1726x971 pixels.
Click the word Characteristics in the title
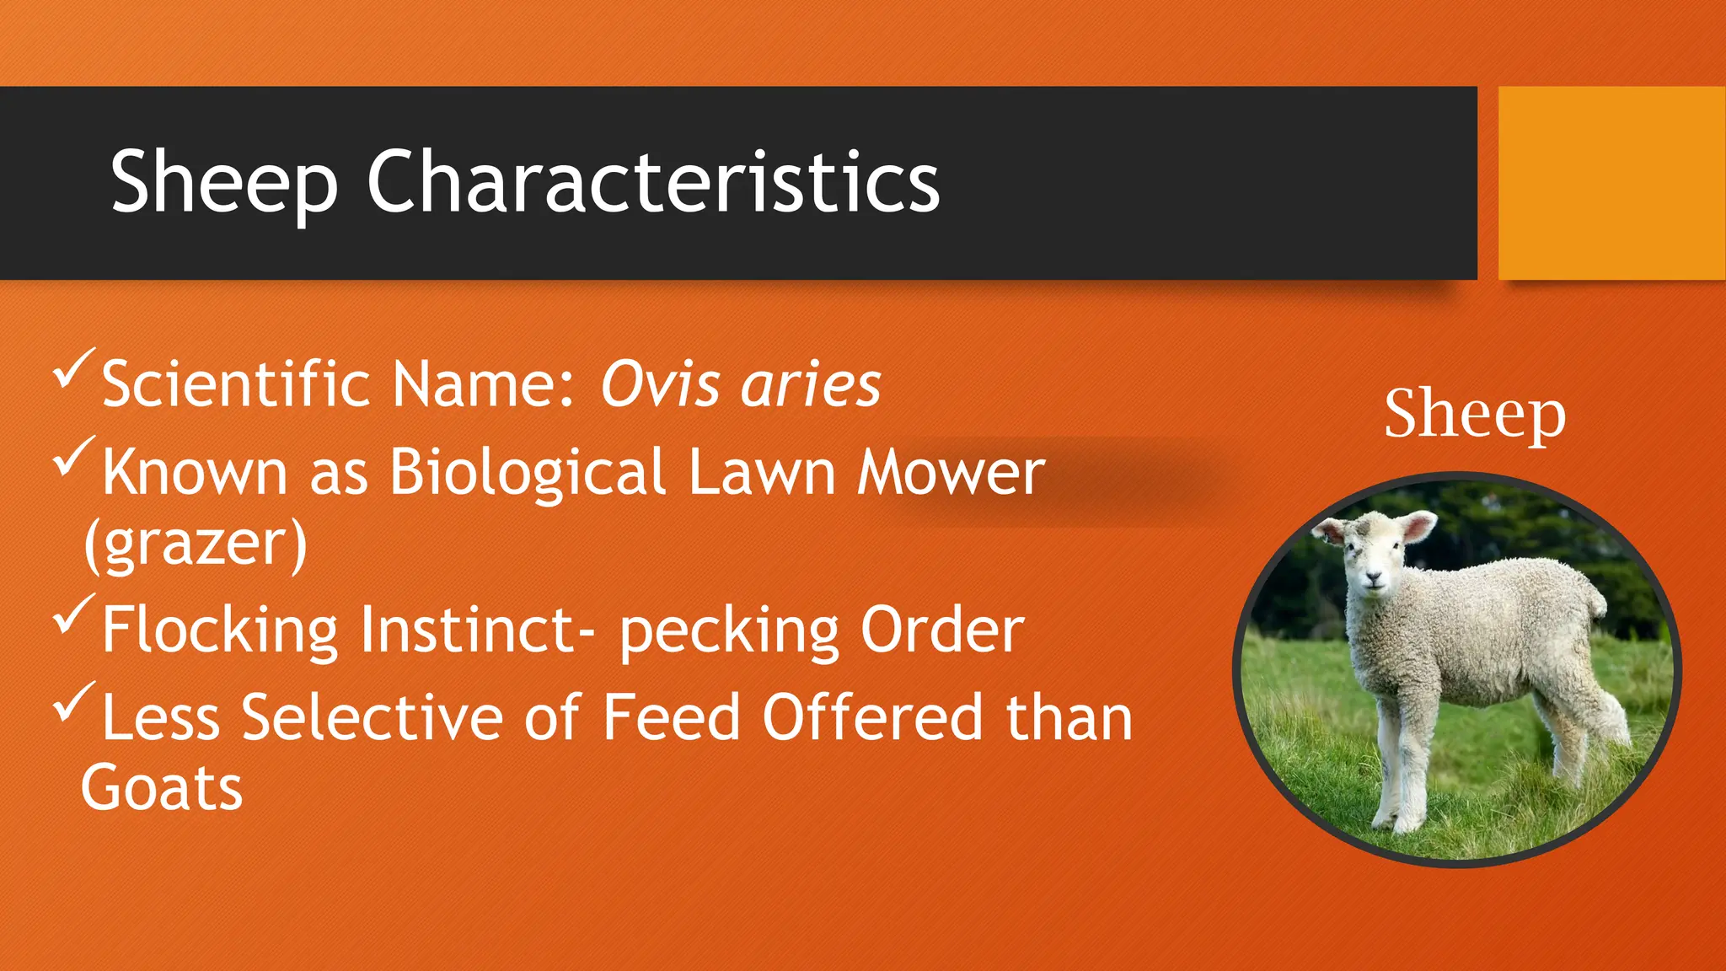(653, 182)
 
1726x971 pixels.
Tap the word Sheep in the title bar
(224, 182)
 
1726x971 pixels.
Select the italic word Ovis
(660, 384)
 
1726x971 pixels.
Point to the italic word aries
(811, 384)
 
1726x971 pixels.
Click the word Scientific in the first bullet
(236, 384)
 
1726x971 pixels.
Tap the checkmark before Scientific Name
(74, 369)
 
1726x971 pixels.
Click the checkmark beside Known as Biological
(74, 457)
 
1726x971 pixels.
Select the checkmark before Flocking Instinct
(74, 615)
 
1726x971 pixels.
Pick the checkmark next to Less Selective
(74, 703)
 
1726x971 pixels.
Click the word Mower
(951, 472)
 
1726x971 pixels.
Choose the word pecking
(730, 630)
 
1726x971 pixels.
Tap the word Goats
(162, 789)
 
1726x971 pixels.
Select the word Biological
(528, 472)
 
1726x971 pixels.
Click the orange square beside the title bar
(1611, 182)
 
